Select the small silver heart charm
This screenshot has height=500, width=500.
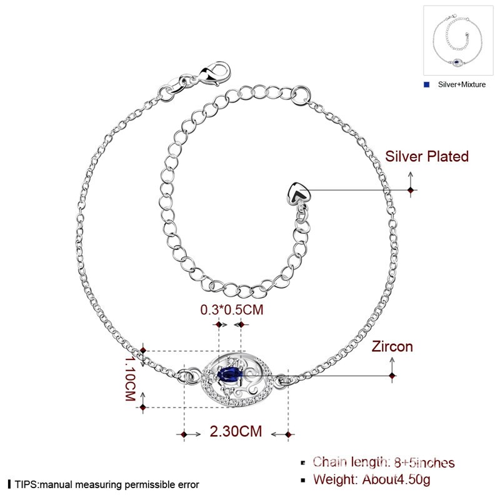pos(298,194)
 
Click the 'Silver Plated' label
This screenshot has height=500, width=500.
pos(427,157)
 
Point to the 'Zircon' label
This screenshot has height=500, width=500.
pos(392,347)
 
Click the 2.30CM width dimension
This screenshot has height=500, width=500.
pos(236,431)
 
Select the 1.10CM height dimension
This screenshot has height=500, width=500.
pos(130,378)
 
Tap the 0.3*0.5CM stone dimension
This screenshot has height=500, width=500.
pos(232,310)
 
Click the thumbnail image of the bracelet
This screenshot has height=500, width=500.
pos(457,41)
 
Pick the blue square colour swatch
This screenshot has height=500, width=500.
pos(426,84)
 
